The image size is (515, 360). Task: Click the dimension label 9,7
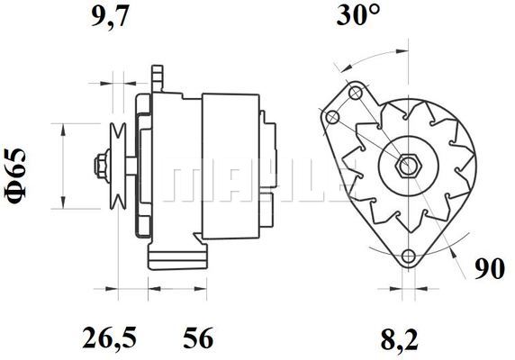click(109, 16)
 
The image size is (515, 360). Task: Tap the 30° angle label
click(358, 14)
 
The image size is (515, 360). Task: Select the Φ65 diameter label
click(14, 175)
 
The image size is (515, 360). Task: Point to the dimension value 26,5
click(109, 337)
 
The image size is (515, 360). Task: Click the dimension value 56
click(198, 337)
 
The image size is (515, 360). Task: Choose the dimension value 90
click(490, 269)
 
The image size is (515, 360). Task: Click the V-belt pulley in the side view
click(118, 166)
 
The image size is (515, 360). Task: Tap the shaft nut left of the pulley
click(102, 166)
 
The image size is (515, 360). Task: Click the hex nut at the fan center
click(408, 166)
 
